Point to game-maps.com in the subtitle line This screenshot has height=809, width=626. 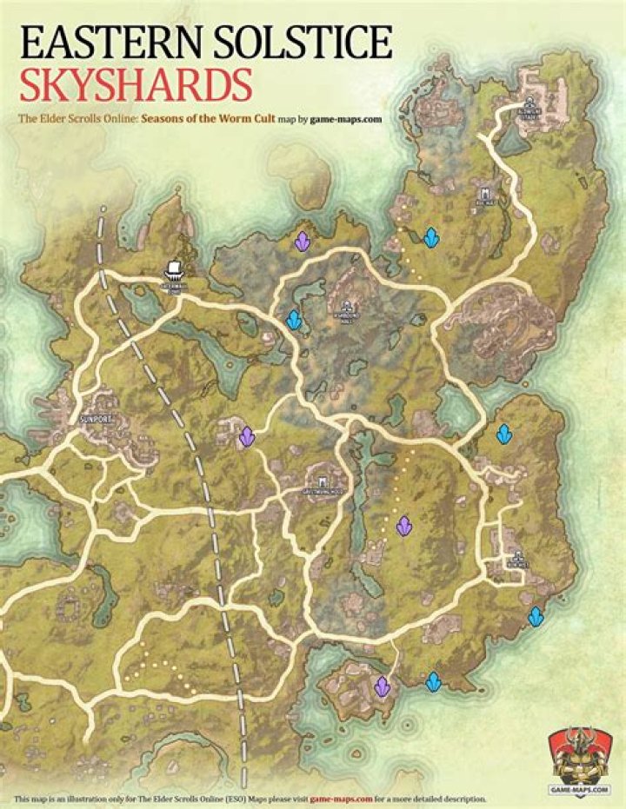click(348, 121)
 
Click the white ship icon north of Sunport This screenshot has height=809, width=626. click(175, 270)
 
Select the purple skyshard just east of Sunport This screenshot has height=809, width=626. click(247, 436)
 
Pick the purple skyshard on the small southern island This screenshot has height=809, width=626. click(382, 686)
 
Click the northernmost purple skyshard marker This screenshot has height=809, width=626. click(302, 241)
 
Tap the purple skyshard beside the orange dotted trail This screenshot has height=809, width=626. click(403, 526)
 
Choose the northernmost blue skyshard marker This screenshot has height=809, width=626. click(430, 236)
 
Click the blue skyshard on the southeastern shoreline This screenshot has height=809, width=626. click(536, 617)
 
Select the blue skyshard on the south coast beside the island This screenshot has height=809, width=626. click(433, 682)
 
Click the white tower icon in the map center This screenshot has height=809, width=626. click(323, 481)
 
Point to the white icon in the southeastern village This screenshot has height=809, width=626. click(518, 557)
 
